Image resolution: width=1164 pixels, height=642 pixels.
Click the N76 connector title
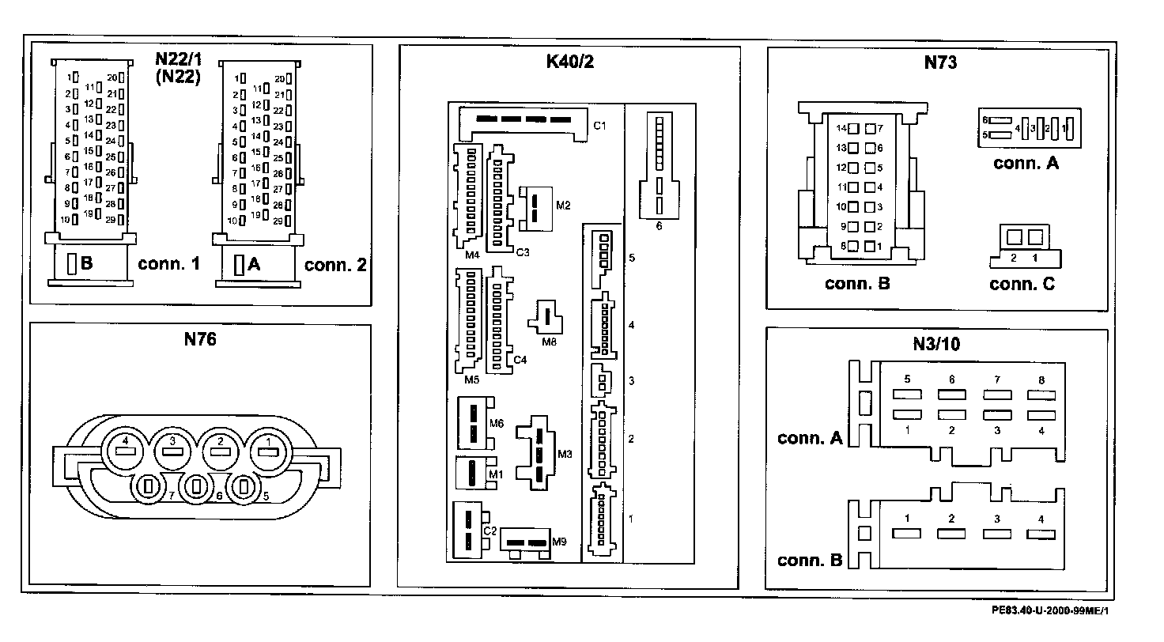coord(200,340)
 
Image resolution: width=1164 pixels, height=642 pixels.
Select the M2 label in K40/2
coord(563,206)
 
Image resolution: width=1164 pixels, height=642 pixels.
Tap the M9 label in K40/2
coord(560,542)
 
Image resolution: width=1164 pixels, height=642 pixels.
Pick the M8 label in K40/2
coord(549,342)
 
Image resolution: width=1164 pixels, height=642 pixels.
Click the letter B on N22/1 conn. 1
coord(86,264)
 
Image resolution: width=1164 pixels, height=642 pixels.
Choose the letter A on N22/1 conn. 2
coord(254,265)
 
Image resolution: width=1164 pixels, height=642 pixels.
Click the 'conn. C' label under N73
coord(1022,285)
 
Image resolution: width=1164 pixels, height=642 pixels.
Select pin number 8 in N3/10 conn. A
coord(1041,380)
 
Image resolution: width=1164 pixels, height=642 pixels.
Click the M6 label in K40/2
coord(496,423)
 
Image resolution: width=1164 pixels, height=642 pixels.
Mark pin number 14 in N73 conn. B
coord(842,128)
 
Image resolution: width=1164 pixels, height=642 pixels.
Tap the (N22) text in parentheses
coord(176,77)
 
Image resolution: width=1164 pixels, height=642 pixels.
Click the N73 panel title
coord(940,62)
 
